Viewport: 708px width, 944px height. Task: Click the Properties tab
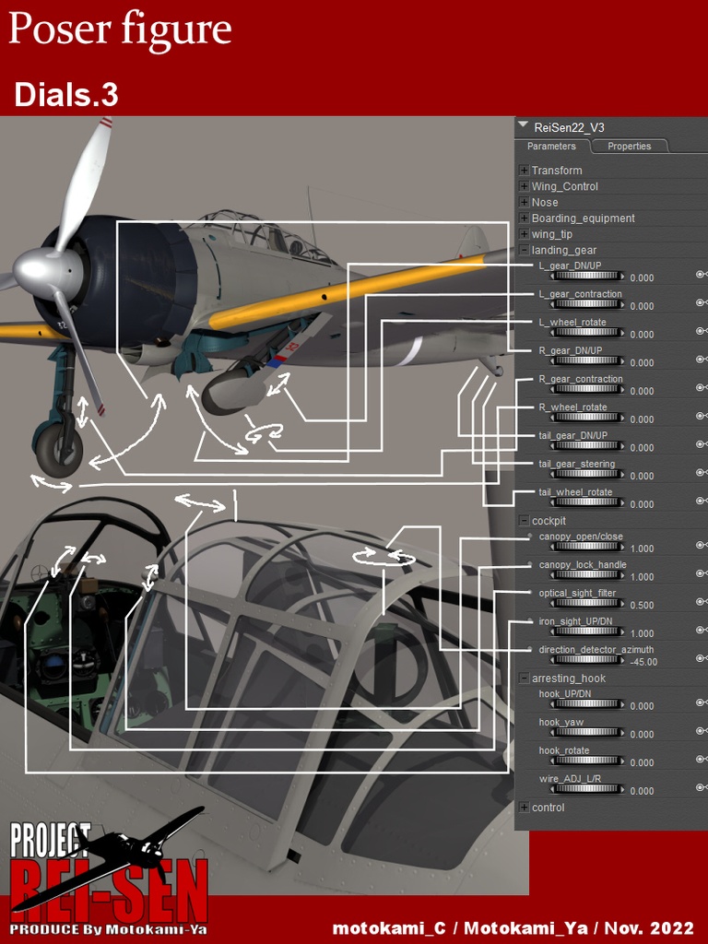pyautogui.click(x=629, y=147)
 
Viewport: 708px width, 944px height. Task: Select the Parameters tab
pyautogui.click(x=551, y=147)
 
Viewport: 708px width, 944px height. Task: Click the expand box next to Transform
pyautogui.click(x=525, y=171)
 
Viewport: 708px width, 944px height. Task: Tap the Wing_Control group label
pyautogui.click(x=564, y=186)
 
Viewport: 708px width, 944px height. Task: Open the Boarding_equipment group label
pyautogui.click(x=583, y=218)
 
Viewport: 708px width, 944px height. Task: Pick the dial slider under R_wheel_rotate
pyautogui.click(x=586, y=419)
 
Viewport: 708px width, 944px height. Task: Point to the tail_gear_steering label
pyautogui.click(x=576, y=464)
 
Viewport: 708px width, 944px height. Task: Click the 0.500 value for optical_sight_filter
pyautogui.click(x=643, y=606)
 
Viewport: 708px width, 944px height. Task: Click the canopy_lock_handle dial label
pyautogui.click(x=583, y=565)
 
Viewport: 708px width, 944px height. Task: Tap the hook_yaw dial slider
pyautogui.click(x=586, y=734)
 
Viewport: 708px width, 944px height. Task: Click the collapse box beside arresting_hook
pyautogui.click(x=525, y=678)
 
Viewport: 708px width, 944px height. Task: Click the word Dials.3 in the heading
pyautogui.click(x=66, y=95)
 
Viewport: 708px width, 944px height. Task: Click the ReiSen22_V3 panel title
pyautogui.click(x=569, y=127)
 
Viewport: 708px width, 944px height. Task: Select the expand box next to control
pyautogui.click(x=525, y=808)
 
